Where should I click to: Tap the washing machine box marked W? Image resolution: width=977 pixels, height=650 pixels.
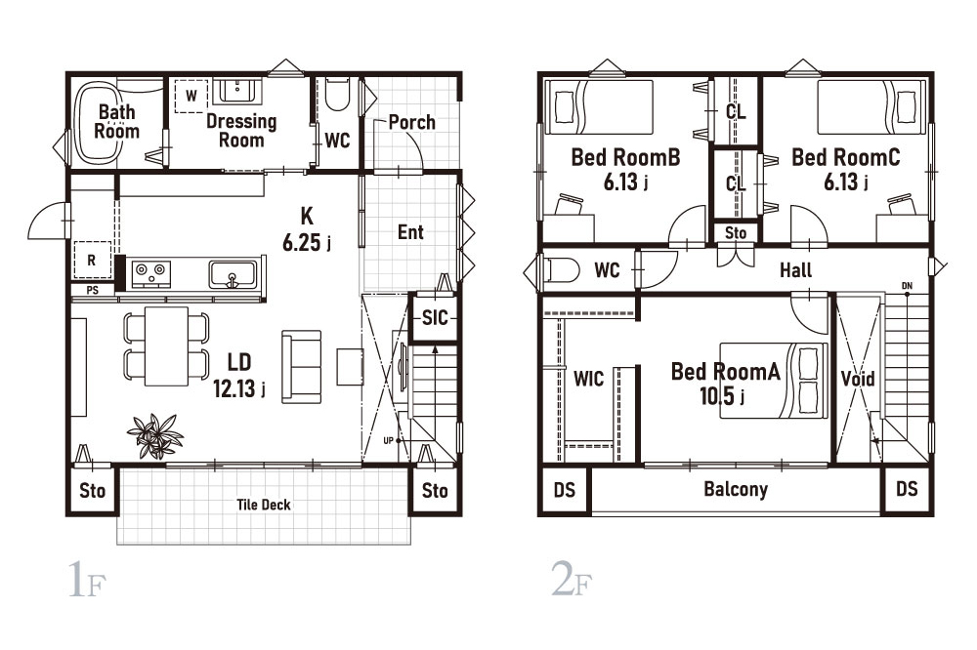(191, 97)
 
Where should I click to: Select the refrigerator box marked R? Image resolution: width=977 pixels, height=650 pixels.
(92, 260)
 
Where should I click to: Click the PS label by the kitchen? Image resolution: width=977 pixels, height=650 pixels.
(92, 290)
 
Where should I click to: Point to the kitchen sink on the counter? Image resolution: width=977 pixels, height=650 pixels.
(233, 274)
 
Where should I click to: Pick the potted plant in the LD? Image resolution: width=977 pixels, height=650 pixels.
(155, 435)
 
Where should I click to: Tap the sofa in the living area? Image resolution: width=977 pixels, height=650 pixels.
(302, 367)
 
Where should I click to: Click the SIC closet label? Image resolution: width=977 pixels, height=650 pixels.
(435, 318)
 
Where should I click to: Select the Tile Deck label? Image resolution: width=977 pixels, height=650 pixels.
(264, 505)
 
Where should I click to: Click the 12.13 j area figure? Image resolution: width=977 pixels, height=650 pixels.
(239, 388)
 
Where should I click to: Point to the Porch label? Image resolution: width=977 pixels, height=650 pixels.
(412, 122)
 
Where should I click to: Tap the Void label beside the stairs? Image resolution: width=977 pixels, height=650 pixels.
(858, 379)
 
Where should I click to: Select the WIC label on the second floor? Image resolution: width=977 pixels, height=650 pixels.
(589, 379)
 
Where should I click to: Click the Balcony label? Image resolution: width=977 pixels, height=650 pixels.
(736, 489)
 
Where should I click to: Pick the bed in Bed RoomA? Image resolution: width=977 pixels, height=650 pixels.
(774, 380)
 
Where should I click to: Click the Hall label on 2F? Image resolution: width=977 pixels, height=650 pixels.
(795, 270)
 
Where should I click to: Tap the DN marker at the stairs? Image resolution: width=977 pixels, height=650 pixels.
(907, 286)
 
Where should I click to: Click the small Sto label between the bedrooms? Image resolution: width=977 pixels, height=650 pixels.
(736, 233)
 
